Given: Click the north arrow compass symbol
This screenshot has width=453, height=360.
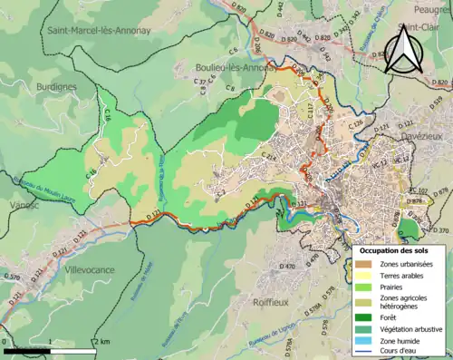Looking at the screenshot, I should [405, 50].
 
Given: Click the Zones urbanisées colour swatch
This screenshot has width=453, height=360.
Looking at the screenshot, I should [367, 264].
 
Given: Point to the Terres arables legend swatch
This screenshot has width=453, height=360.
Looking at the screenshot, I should [367, 276].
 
